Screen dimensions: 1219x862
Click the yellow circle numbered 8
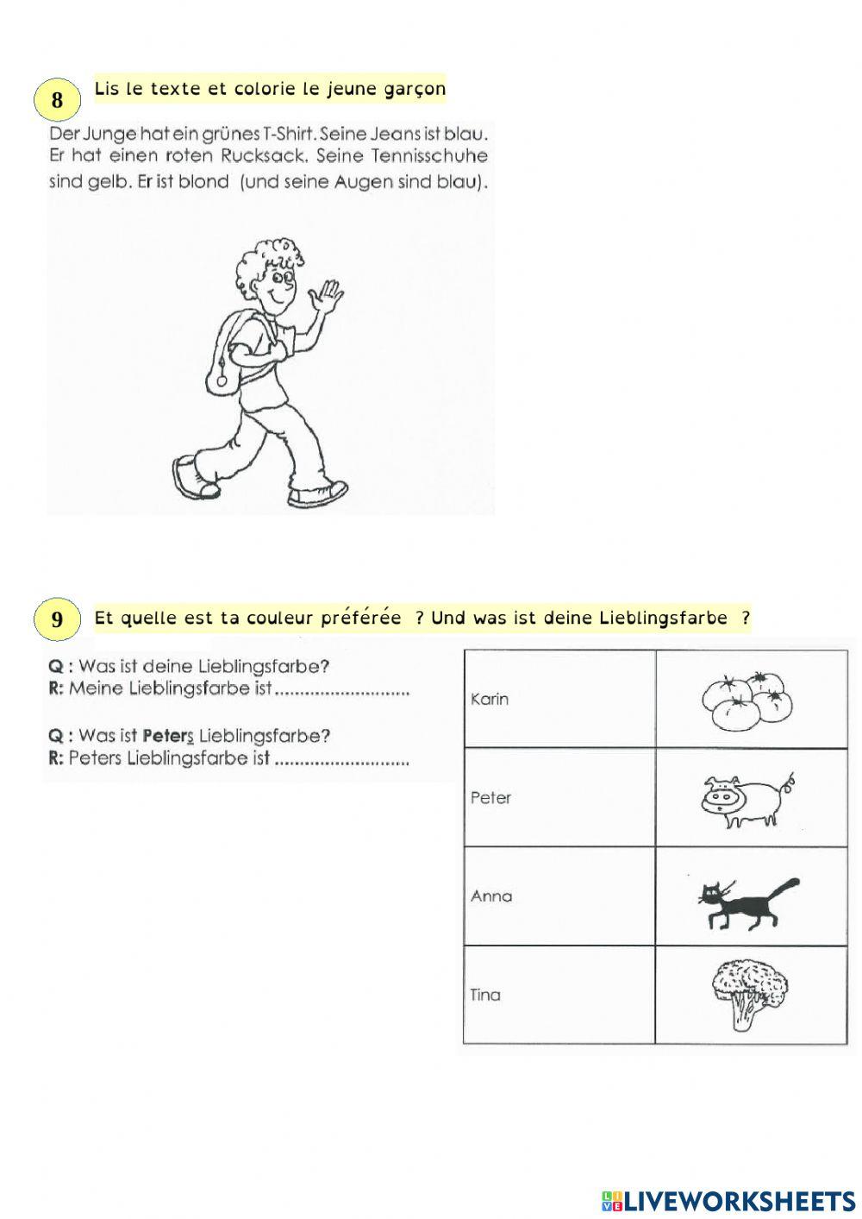pos(57,100)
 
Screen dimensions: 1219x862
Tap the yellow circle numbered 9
pos(57,619)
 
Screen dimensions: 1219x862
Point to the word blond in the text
pos(203,182)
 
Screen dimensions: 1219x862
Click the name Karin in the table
pos(490,699)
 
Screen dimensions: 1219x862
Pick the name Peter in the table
pos(490,798)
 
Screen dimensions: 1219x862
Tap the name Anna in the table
pos(491,896)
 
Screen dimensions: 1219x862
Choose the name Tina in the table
pos(485,995)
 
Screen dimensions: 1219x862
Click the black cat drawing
pos(746,902)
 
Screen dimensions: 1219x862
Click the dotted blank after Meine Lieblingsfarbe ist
pos(341,690)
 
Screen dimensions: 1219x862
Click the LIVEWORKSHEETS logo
pos(728,1200)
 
